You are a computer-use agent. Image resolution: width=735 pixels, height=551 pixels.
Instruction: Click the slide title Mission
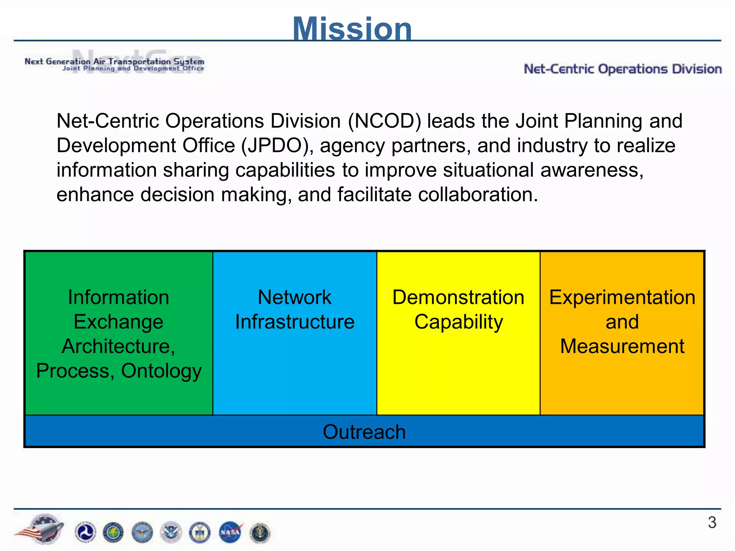coord(352,29)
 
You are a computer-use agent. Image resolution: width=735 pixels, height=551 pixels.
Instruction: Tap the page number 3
coord(712,522)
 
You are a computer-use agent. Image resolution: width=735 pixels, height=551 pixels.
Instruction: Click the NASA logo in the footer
coord(230,532)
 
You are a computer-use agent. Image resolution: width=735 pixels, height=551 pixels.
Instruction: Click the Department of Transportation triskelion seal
coord(85,532)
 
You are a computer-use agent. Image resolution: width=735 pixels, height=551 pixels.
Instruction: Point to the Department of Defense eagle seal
coord(142,532)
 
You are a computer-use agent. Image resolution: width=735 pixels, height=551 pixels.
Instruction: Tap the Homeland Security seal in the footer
coord(171,532)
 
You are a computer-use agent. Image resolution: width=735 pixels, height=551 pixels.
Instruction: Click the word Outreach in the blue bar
coord(364,432)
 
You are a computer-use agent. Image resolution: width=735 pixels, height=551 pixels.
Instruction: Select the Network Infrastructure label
coord(295,309)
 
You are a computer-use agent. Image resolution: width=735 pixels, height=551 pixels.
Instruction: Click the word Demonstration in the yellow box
coord(458,297)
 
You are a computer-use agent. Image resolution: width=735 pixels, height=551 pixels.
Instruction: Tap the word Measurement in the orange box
coord(622,346)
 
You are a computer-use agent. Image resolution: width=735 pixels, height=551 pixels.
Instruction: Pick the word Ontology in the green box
coord(161,371)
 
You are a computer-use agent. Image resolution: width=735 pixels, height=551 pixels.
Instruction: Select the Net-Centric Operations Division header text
coord(623,69)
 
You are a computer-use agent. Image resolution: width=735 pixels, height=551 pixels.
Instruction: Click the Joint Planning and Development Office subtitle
coord(133,68)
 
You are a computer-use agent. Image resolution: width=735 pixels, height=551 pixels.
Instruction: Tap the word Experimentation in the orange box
coord(622,297)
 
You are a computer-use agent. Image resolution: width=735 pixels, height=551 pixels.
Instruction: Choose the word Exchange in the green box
coord(118,322)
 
